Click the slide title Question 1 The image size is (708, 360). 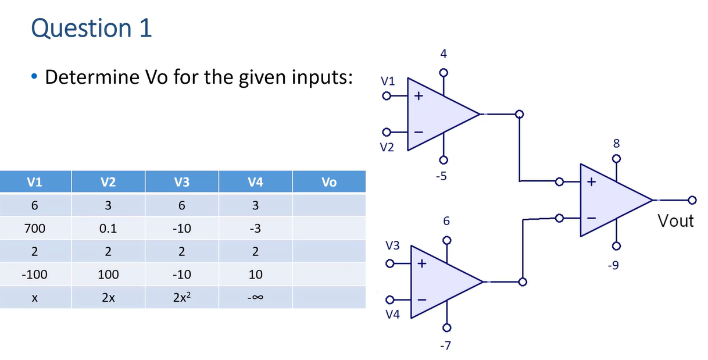click(91, 28)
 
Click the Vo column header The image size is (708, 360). click(328, 182)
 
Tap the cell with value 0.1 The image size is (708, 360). click(108, 229)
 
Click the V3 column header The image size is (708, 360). click(181, 182)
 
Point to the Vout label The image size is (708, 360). click(675, 221)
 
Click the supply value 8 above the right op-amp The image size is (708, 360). click(617, 142)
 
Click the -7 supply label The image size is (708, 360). click(445, 347)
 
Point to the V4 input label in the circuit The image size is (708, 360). click(393, 315)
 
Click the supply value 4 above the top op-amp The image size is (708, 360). click(444, 54)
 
